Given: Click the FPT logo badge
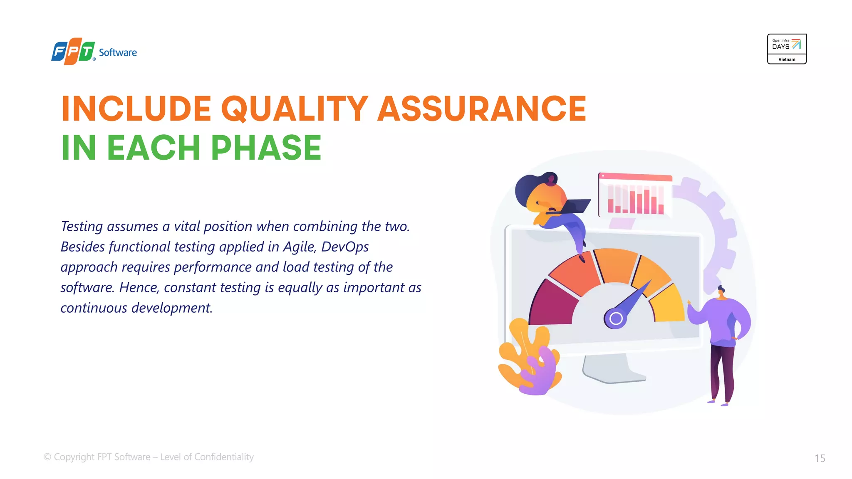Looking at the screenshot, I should pyautogui.click(x=73, y=52).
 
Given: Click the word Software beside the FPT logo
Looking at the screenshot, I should pyautogui.click(x=118, y=53).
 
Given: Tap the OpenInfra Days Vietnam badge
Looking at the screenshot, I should pyautogui.click(x=786, y=49).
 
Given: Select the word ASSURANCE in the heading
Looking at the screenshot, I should pyautogui.click(x=481, y=109).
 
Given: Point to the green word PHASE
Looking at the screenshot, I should pyautogui.click(x=266, y=148).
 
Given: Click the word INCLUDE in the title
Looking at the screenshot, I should pyautogui.click(x=136, y=109).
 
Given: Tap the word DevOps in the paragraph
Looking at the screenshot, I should pyautogui.click(x=345, y=247).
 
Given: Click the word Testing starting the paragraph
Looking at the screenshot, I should pyautogui.click(x=82, y=227).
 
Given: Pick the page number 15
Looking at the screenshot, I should pyautogui.click(x=820, y=458).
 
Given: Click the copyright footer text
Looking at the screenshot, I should pyautogui.click(x=149, y=457).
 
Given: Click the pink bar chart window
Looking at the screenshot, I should pyautogui.click(x=635, y=195).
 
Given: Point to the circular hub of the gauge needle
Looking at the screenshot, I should pyautogui.click(x=616, y=319).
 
